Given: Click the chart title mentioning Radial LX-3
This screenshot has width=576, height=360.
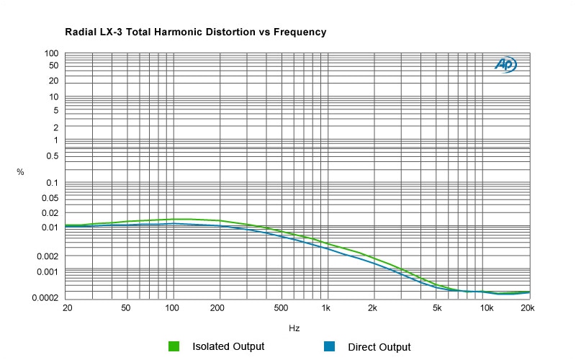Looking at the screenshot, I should [196, 32].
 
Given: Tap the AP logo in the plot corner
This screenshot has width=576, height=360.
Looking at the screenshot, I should [505, 65].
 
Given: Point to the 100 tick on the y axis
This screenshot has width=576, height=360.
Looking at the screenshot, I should [51, 53].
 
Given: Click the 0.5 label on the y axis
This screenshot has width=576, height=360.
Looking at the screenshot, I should [51, 156].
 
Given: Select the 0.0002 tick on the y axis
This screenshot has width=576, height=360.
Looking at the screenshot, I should [45, 297].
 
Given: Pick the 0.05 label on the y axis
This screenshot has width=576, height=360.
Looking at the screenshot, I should [49, 197].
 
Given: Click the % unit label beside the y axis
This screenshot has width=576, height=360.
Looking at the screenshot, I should [20, 172].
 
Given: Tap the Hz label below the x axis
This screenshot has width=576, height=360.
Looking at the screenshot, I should [294, 328].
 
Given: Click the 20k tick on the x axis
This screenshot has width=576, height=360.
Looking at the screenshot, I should [527, 308].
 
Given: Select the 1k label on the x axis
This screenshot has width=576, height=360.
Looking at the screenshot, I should [326, 308].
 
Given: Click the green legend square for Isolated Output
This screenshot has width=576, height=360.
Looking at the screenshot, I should [174, 346].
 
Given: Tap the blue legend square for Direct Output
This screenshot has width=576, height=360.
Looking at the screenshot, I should [329, 346].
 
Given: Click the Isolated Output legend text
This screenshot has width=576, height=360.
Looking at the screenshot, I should [228, 346].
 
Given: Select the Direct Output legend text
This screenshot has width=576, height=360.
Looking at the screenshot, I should [379, 347].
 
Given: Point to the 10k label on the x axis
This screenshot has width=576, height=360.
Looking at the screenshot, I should [487, 308].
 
